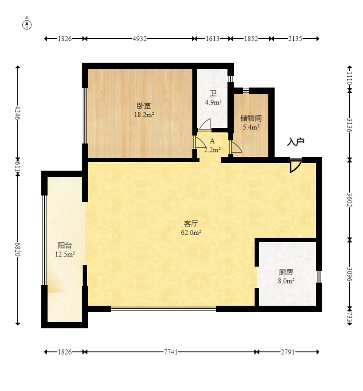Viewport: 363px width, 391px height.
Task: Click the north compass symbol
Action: pos(27,24)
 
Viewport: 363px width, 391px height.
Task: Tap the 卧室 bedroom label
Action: pos(144,106)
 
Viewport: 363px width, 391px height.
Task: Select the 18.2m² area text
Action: pos(144,115)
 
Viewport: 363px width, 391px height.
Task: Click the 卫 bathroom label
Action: pos(213,94)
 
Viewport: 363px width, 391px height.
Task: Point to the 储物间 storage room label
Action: pos(251,118)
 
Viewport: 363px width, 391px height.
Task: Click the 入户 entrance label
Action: pos(295,142)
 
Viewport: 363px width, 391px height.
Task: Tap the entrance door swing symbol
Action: pos(295,166)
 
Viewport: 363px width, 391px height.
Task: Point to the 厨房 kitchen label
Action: pos(286,272)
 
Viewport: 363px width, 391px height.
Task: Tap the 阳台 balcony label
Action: pos(65,245)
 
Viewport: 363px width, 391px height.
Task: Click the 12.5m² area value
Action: pos(65,254)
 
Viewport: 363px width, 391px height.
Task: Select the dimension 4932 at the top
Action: pos(140,39)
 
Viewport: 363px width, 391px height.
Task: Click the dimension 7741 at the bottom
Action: pos(171,352)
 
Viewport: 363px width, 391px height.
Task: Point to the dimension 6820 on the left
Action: pos(18,249)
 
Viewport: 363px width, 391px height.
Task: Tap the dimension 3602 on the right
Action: pos(350,199)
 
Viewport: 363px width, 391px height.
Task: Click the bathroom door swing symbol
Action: pos(205,124)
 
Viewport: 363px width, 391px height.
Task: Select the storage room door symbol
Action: pos(235,147)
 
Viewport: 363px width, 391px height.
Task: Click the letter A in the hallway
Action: pos(212,141)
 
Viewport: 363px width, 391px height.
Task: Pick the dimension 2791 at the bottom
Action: pos(288,352)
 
